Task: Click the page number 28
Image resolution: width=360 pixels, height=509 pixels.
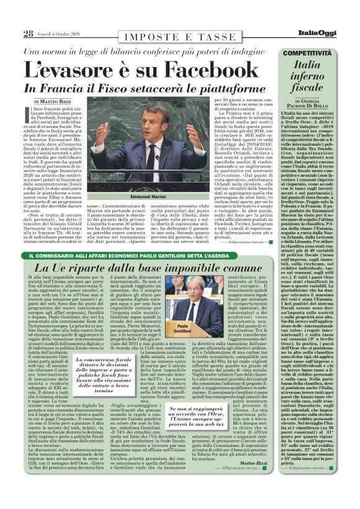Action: pyautogui.click(x=29, y=34)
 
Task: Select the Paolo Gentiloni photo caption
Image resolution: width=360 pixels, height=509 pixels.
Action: pyautogui.click(x=200, y=329)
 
